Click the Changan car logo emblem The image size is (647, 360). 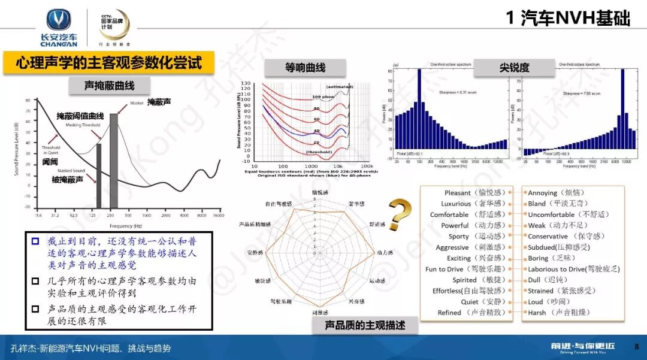[x=59, y=20]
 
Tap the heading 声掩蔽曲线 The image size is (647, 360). [x=109, y=86]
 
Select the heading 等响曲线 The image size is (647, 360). [x=306, y=67]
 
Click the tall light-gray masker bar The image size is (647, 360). [x=114, y=160]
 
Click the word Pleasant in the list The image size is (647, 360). [x=458, y=193]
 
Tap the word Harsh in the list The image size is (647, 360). [x=537, y=313]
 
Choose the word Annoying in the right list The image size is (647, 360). [x=543, y=193]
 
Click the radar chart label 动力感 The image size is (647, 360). [x=384, y=253]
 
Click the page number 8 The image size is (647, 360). [x=636, y=346]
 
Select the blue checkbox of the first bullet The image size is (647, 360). [x=35, y=241]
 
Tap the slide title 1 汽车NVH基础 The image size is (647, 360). [x=567, y=19]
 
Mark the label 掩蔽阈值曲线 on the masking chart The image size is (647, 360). [x=80, y=116]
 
